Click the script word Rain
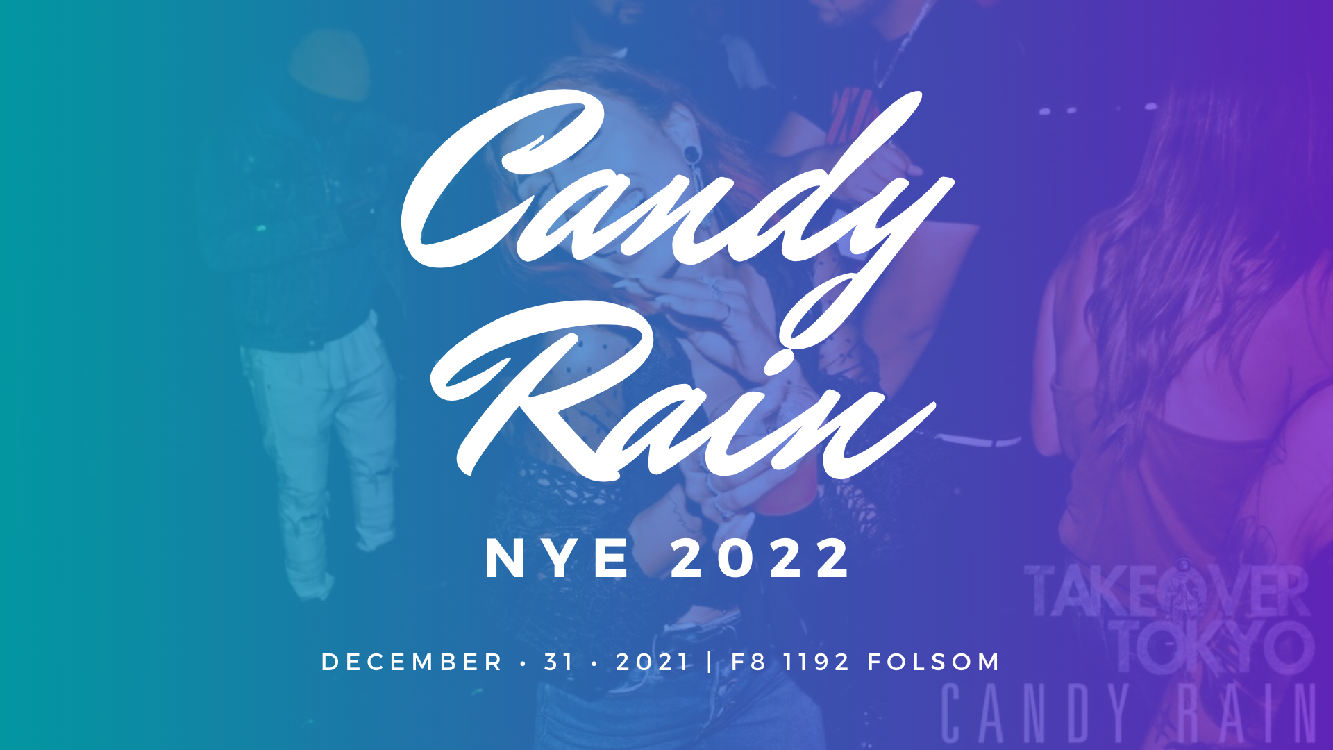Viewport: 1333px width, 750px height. pyautogui.click(x=684, y=392)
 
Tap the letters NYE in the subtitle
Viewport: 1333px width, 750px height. pyautogui.click(x=558, y=559)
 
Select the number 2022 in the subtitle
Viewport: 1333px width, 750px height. pyautogui.click(x=760, y=559)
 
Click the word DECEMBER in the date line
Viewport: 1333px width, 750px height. pyautogui.click(x=412, y=662)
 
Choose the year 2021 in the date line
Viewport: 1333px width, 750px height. pyautogui.click(x=652, y=662)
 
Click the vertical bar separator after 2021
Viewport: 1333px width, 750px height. pyautogui.click(x=710, y=662)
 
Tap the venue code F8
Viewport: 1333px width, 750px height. pyautogui.click(x=748, y=662)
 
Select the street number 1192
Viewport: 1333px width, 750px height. pyautogui.click(x=816, y=662)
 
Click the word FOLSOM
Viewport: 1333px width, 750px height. pyautogui.click(x=934, y=662)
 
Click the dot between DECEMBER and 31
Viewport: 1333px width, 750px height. pyautogui.click(x=523, y=662)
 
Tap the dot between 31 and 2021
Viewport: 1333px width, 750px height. pyautogui.click(x=594, y=662)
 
